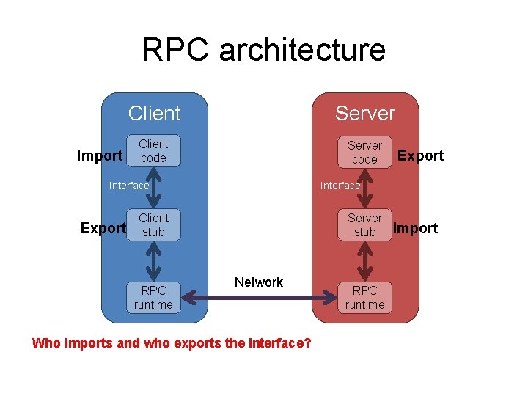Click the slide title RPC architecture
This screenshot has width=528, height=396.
pos(263,50)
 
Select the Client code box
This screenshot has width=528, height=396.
pos(153,151)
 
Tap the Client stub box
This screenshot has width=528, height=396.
pos(153,225)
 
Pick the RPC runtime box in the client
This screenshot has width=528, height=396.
pos(153,297)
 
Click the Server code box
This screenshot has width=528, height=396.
pos(364,152)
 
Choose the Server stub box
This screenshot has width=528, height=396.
pos(364,225)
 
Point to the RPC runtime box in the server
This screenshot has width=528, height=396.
pos(364,297)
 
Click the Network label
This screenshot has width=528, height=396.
pos(259,282)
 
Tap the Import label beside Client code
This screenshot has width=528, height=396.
pos(100,155)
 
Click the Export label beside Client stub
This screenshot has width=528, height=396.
pos(103,228)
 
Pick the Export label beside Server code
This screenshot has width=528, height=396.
pos(420,155)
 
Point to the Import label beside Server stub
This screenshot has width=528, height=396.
pos(415,228)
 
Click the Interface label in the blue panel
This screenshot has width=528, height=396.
pos(129,186)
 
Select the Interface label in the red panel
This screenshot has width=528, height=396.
pos(340,186)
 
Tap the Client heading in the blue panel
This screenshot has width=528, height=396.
pos(154,114)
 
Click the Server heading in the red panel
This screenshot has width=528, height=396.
pos(364,114)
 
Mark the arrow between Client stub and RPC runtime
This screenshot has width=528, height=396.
pos(153,260)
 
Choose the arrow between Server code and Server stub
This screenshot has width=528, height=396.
pos(364,188)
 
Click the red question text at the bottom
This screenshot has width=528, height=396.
pos(172,343)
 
